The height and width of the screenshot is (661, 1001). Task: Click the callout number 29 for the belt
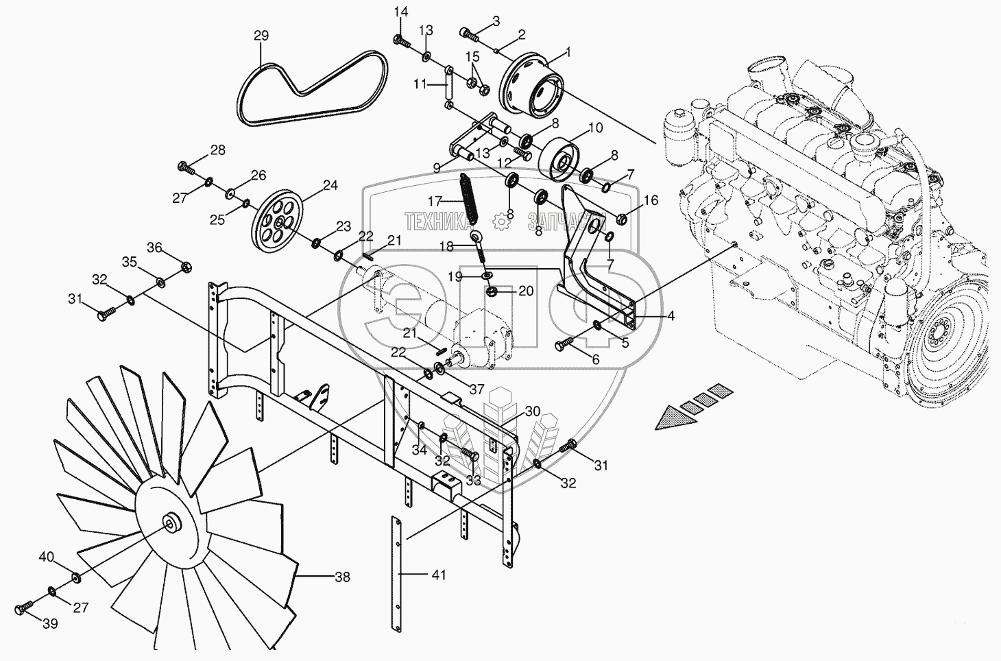(261, 36)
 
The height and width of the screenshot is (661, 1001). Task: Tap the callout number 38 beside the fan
(343, 577)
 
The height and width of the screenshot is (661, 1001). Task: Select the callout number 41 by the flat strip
(439, 575)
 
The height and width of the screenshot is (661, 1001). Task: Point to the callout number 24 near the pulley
(330, 185)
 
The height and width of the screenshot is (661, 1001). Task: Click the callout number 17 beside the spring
(435, 201)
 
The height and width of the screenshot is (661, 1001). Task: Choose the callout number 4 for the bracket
(671, 316)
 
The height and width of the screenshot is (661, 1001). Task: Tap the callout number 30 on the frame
(533, 411)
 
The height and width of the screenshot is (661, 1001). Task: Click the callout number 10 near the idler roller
(595, 128)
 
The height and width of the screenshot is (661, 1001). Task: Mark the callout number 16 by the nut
(651, 200)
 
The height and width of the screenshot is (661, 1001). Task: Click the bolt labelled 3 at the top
(468, 34)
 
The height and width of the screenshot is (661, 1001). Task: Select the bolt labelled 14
(402, 42)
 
